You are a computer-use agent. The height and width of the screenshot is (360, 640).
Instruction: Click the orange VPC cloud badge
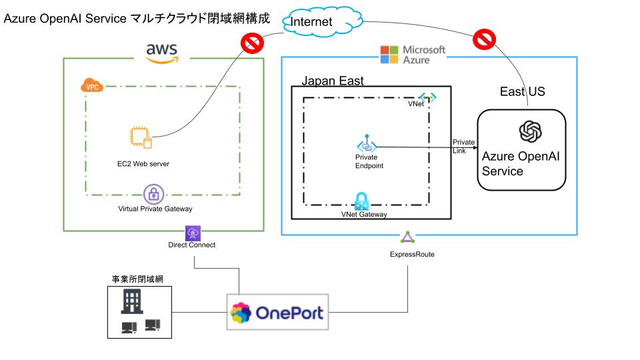click(91, 86)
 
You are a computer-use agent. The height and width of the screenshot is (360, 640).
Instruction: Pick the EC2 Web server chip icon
click(140, 137)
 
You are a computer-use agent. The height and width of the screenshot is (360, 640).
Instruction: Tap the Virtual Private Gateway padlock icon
click(155, 195)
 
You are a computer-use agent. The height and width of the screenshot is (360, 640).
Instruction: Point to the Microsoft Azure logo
click(413, 55)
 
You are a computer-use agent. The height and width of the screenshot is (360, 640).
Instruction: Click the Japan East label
click(333, 81)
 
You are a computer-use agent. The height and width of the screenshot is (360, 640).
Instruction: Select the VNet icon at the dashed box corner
click(427, 97)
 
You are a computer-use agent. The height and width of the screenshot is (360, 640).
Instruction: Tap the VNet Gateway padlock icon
click(362, 201)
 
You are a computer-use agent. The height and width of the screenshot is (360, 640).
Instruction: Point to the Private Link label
click(463, 146)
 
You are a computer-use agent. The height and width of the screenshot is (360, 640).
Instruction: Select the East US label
click(522, 91)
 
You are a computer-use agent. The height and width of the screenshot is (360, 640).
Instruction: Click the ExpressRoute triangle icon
click(407, 238)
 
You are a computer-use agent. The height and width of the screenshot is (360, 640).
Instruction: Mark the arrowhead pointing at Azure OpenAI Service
click(475, 147)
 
